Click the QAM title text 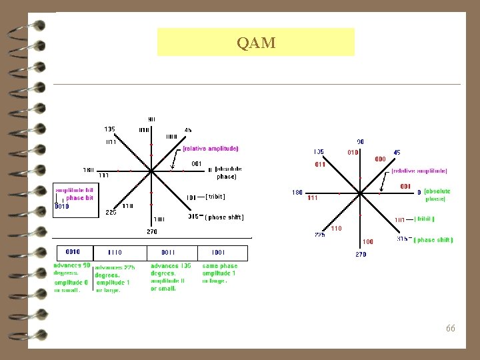click(256, 43)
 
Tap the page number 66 click(451, 328)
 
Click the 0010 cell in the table click(73, 252)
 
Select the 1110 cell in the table click(115, 253)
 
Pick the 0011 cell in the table click(168, 253)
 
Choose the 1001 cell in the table click(218, 253)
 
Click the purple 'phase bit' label click(79, 198)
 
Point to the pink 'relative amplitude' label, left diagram click(210, 148)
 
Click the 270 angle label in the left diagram click(152, 232)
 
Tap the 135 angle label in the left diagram click(109, 129)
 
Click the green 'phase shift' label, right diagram click(433, 240)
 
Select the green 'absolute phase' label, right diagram click(437, 195)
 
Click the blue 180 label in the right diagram click(297, 193)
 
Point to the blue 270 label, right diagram click(361, 254)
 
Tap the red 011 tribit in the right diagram click(320, 164)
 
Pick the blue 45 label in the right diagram click(397, 153)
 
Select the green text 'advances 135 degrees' click(170, 269)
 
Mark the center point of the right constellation click(361, 194)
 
